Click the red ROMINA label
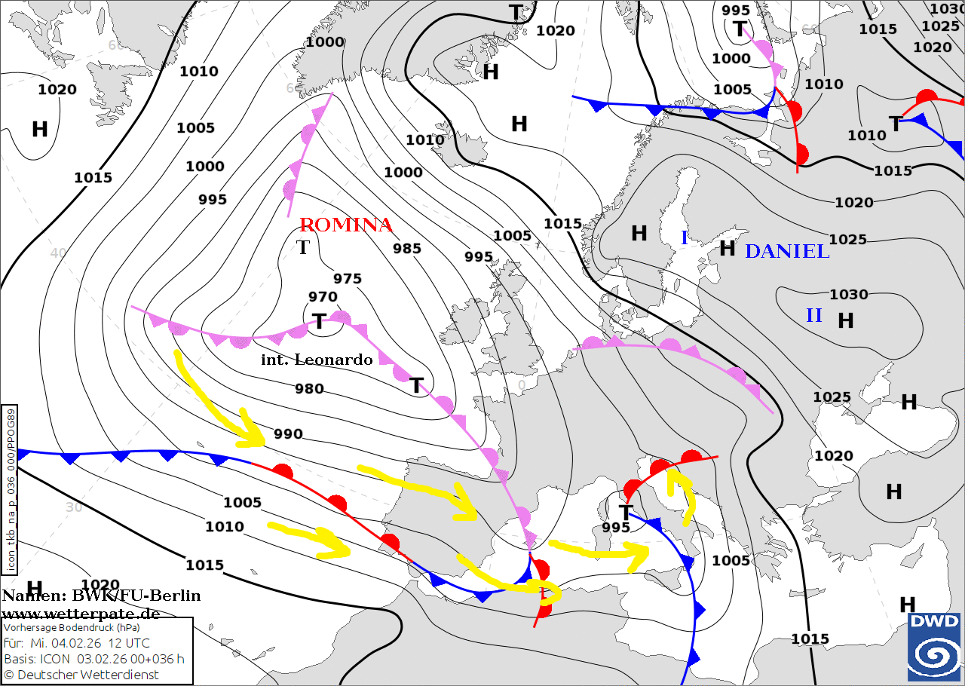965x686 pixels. (x=346, y=225)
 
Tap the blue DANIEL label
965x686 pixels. (x=787, y=251)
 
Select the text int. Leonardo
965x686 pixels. (x=317, y=360)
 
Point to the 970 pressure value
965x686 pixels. (x=323, y=297)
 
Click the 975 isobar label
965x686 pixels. (x=348, y=279)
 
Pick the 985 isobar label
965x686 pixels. (x=407, y=248)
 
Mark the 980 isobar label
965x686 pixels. (x=309, y=389)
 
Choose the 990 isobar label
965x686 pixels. (x=288, y=434)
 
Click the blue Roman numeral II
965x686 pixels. (x=814, y=315)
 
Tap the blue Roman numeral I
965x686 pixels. (x=685, y=238)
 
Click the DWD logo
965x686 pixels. (x=933, y=647)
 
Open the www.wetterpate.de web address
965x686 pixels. (x=81, y=613)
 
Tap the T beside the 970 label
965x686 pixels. (x=319, y=322)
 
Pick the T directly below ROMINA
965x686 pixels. (x=303, y=247)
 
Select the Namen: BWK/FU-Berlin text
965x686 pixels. (x=101, y=596)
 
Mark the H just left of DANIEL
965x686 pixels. (x=727, y=248)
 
